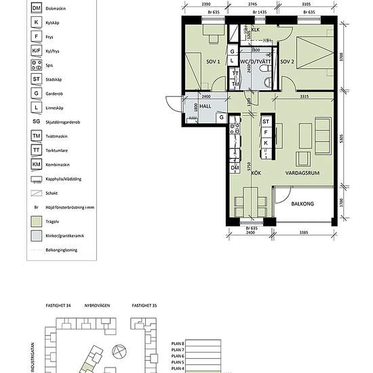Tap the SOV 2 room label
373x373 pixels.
point(288,62)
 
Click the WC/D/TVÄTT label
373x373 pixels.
point(255,62)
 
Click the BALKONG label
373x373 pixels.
point(302,202)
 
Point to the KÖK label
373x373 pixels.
point(256,173)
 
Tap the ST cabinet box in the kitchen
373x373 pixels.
point(266,122)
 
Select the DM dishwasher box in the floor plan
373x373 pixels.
point(235,168)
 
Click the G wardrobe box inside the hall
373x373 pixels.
point(221,117)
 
